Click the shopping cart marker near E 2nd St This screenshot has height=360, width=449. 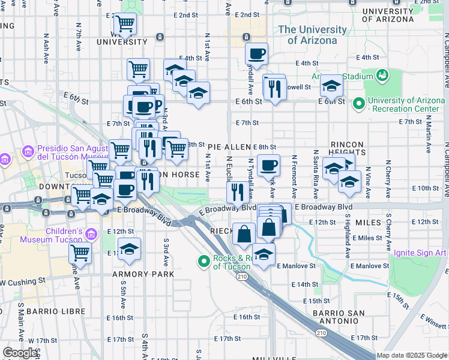pyautogui.click(x=125, y=24)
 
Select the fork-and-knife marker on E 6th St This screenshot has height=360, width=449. pyautogui.click(x=274, y=89)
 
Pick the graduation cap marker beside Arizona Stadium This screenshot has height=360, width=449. pyautogui.click(x=331, y=86)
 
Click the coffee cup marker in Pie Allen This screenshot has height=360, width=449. pyautogui.click(x=268, y=164)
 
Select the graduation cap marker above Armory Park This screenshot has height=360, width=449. pyautogui.click(x=129, y=249)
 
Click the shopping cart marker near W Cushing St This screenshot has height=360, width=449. pyautogui.click(x=80, y=253)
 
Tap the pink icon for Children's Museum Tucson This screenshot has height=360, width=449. pyautogui.click(x=91, y=233)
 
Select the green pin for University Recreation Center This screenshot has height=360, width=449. pyautogui.click(x=359, y=104)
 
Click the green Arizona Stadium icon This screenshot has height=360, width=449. pyautogui.click(x=381, y=75)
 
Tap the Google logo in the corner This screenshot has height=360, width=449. pyautogui.click(x=20, y=352)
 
